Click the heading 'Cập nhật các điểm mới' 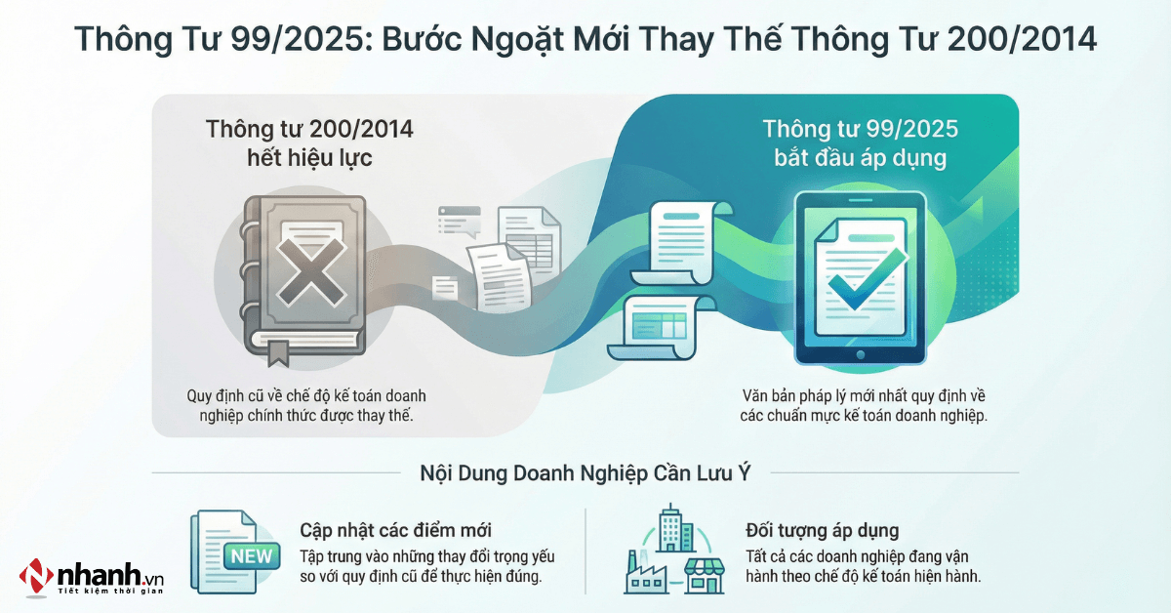[395, 530]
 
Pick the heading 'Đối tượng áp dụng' [822, 530]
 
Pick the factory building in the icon [646, 574]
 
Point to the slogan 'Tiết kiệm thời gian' [109, 592]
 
